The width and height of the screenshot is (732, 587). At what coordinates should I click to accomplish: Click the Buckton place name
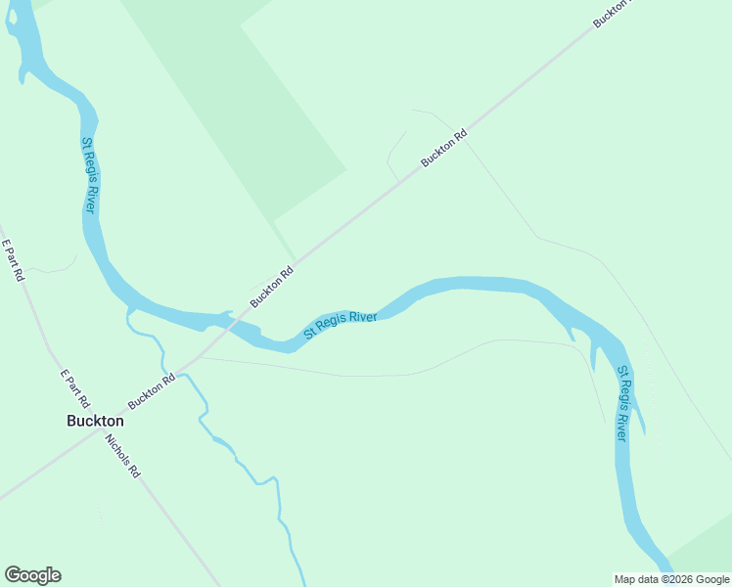95,421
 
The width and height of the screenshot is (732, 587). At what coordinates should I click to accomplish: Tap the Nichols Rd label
122,455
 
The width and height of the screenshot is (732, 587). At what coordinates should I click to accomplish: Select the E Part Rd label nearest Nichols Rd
74,388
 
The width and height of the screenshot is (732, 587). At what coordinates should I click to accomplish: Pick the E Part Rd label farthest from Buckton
12,260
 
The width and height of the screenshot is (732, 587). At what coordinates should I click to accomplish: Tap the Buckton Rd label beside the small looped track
444,148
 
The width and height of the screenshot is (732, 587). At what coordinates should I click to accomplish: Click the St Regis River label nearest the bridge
341,325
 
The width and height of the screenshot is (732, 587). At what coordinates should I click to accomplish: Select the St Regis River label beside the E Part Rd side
88,176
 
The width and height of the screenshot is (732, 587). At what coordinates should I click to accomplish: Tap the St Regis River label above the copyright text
622,404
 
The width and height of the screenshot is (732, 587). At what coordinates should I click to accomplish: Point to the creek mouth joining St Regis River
129,311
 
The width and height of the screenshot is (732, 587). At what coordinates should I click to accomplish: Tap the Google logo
32,575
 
